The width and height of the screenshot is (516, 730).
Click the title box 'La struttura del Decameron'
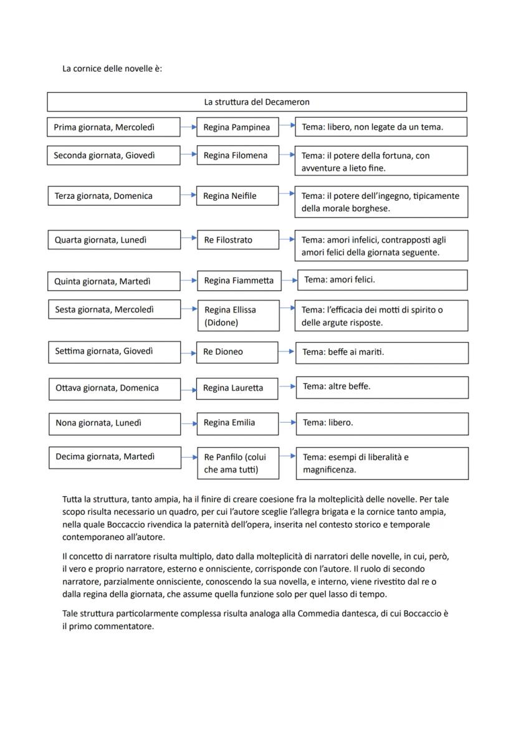click(x=257, y=102)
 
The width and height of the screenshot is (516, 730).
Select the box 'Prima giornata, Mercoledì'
click(x=113, y=127)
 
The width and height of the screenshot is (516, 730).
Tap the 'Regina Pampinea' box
click(x=237, y=127)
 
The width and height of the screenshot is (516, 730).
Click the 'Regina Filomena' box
click(x=237, y=155)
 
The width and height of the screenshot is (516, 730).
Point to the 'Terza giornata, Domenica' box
click(x=113, y=196)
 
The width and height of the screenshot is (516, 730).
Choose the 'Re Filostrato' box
click(x=237, y=239)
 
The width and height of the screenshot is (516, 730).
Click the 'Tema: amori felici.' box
click(x=382, y=280)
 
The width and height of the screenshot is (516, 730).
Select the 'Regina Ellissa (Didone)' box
click(x=238, y=316)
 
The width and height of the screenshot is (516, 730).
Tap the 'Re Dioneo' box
click(x=237, y=352)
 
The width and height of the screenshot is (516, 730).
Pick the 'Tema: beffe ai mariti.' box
click(x=382, y=352)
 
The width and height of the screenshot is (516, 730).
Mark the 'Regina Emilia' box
click(x=237, y=423)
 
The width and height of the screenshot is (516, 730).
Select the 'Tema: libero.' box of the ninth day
click(x=382, y=423)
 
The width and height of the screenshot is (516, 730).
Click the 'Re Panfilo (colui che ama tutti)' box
click(x=239, y=463)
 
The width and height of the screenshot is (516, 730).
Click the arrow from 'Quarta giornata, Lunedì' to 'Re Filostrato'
click(x=188, y=239)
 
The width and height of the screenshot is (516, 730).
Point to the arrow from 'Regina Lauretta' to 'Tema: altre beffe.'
click(x=287, y=387)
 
